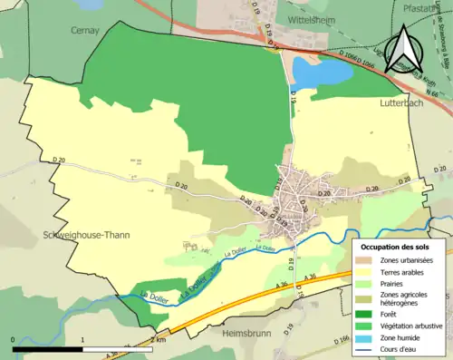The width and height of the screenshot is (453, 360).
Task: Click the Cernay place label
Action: [x=84, y=30]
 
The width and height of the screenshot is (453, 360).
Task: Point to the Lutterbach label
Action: [x=402, y=105]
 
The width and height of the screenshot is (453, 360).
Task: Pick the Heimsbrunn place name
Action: [x=248, y=333]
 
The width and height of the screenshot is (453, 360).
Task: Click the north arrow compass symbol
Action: [x=404, y=49]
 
